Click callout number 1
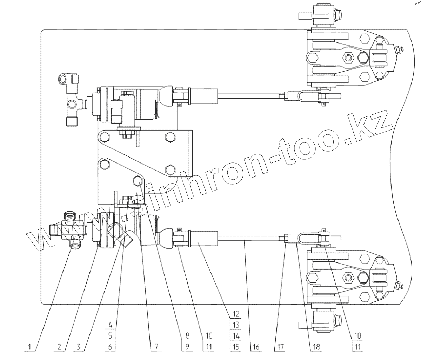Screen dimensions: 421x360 click(30, 347)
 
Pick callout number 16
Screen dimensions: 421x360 click(255, 347)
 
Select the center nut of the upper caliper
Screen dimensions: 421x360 click(348, 57)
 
